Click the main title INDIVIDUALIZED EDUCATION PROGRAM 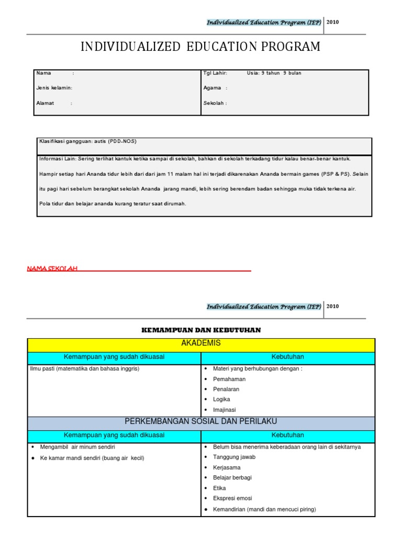(200, 47)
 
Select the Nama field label (44, 73)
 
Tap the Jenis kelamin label (54, 88)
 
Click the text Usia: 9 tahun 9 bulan (274, 73)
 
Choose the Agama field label (213, 88)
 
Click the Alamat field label (45, 103)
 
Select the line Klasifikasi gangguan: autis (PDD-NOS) (88, 141)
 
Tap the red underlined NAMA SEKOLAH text (52, 269)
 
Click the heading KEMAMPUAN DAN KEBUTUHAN (201, 330)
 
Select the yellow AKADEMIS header (201, 343)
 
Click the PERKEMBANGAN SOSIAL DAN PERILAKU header (201, 421)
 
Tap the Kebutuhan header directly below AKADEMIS (287, 357)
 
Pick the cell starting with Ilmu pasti (84, 368)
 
